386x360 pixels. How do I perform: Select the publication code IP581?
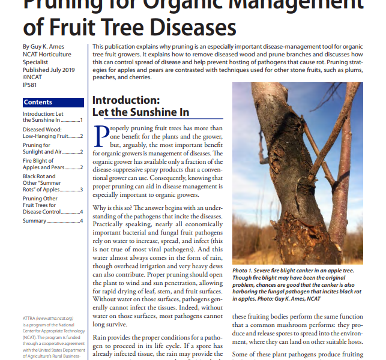[30, 85]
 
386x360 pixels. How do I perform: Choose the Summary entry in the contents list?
[34, 221]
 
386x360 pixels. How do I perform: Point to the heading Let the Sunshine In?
[140, 112]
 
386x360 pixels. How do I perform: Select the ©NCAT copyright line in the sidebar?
[33, 77]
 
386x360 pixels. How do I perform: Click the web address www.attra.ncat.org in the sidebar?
[57, 318]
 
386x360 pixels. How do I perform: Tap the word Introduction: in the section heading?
[125, 100]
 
